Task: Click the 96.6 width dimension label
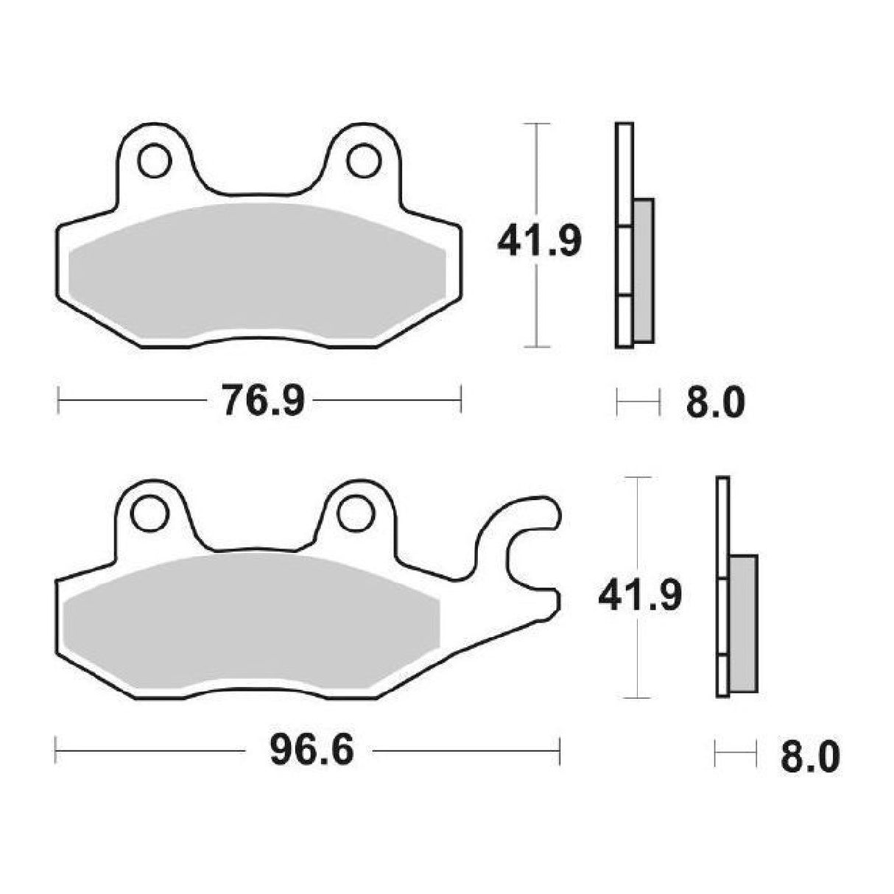point(312,751)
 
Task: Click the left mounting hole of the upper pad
point(154,161)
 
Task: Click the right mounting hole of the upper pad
point(363,161)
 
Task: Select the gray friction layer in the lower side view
point(743,622)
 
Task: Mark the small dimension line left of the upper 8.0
point(638,401)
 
